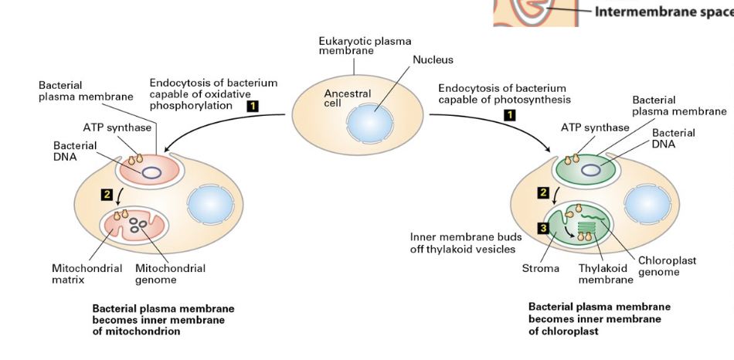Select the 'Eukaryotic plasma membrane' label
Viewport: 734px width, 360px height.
click(365, 46)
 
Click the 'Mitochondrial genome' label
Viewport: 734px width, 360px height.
click(170, 274)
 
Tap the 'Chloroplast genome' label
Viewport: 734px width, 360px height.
click(667, 267)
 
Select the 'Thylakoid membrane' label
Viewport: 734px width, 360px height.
click(606, 274)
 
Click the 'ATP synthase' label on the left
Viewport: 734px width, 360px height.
click(117, 127)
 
